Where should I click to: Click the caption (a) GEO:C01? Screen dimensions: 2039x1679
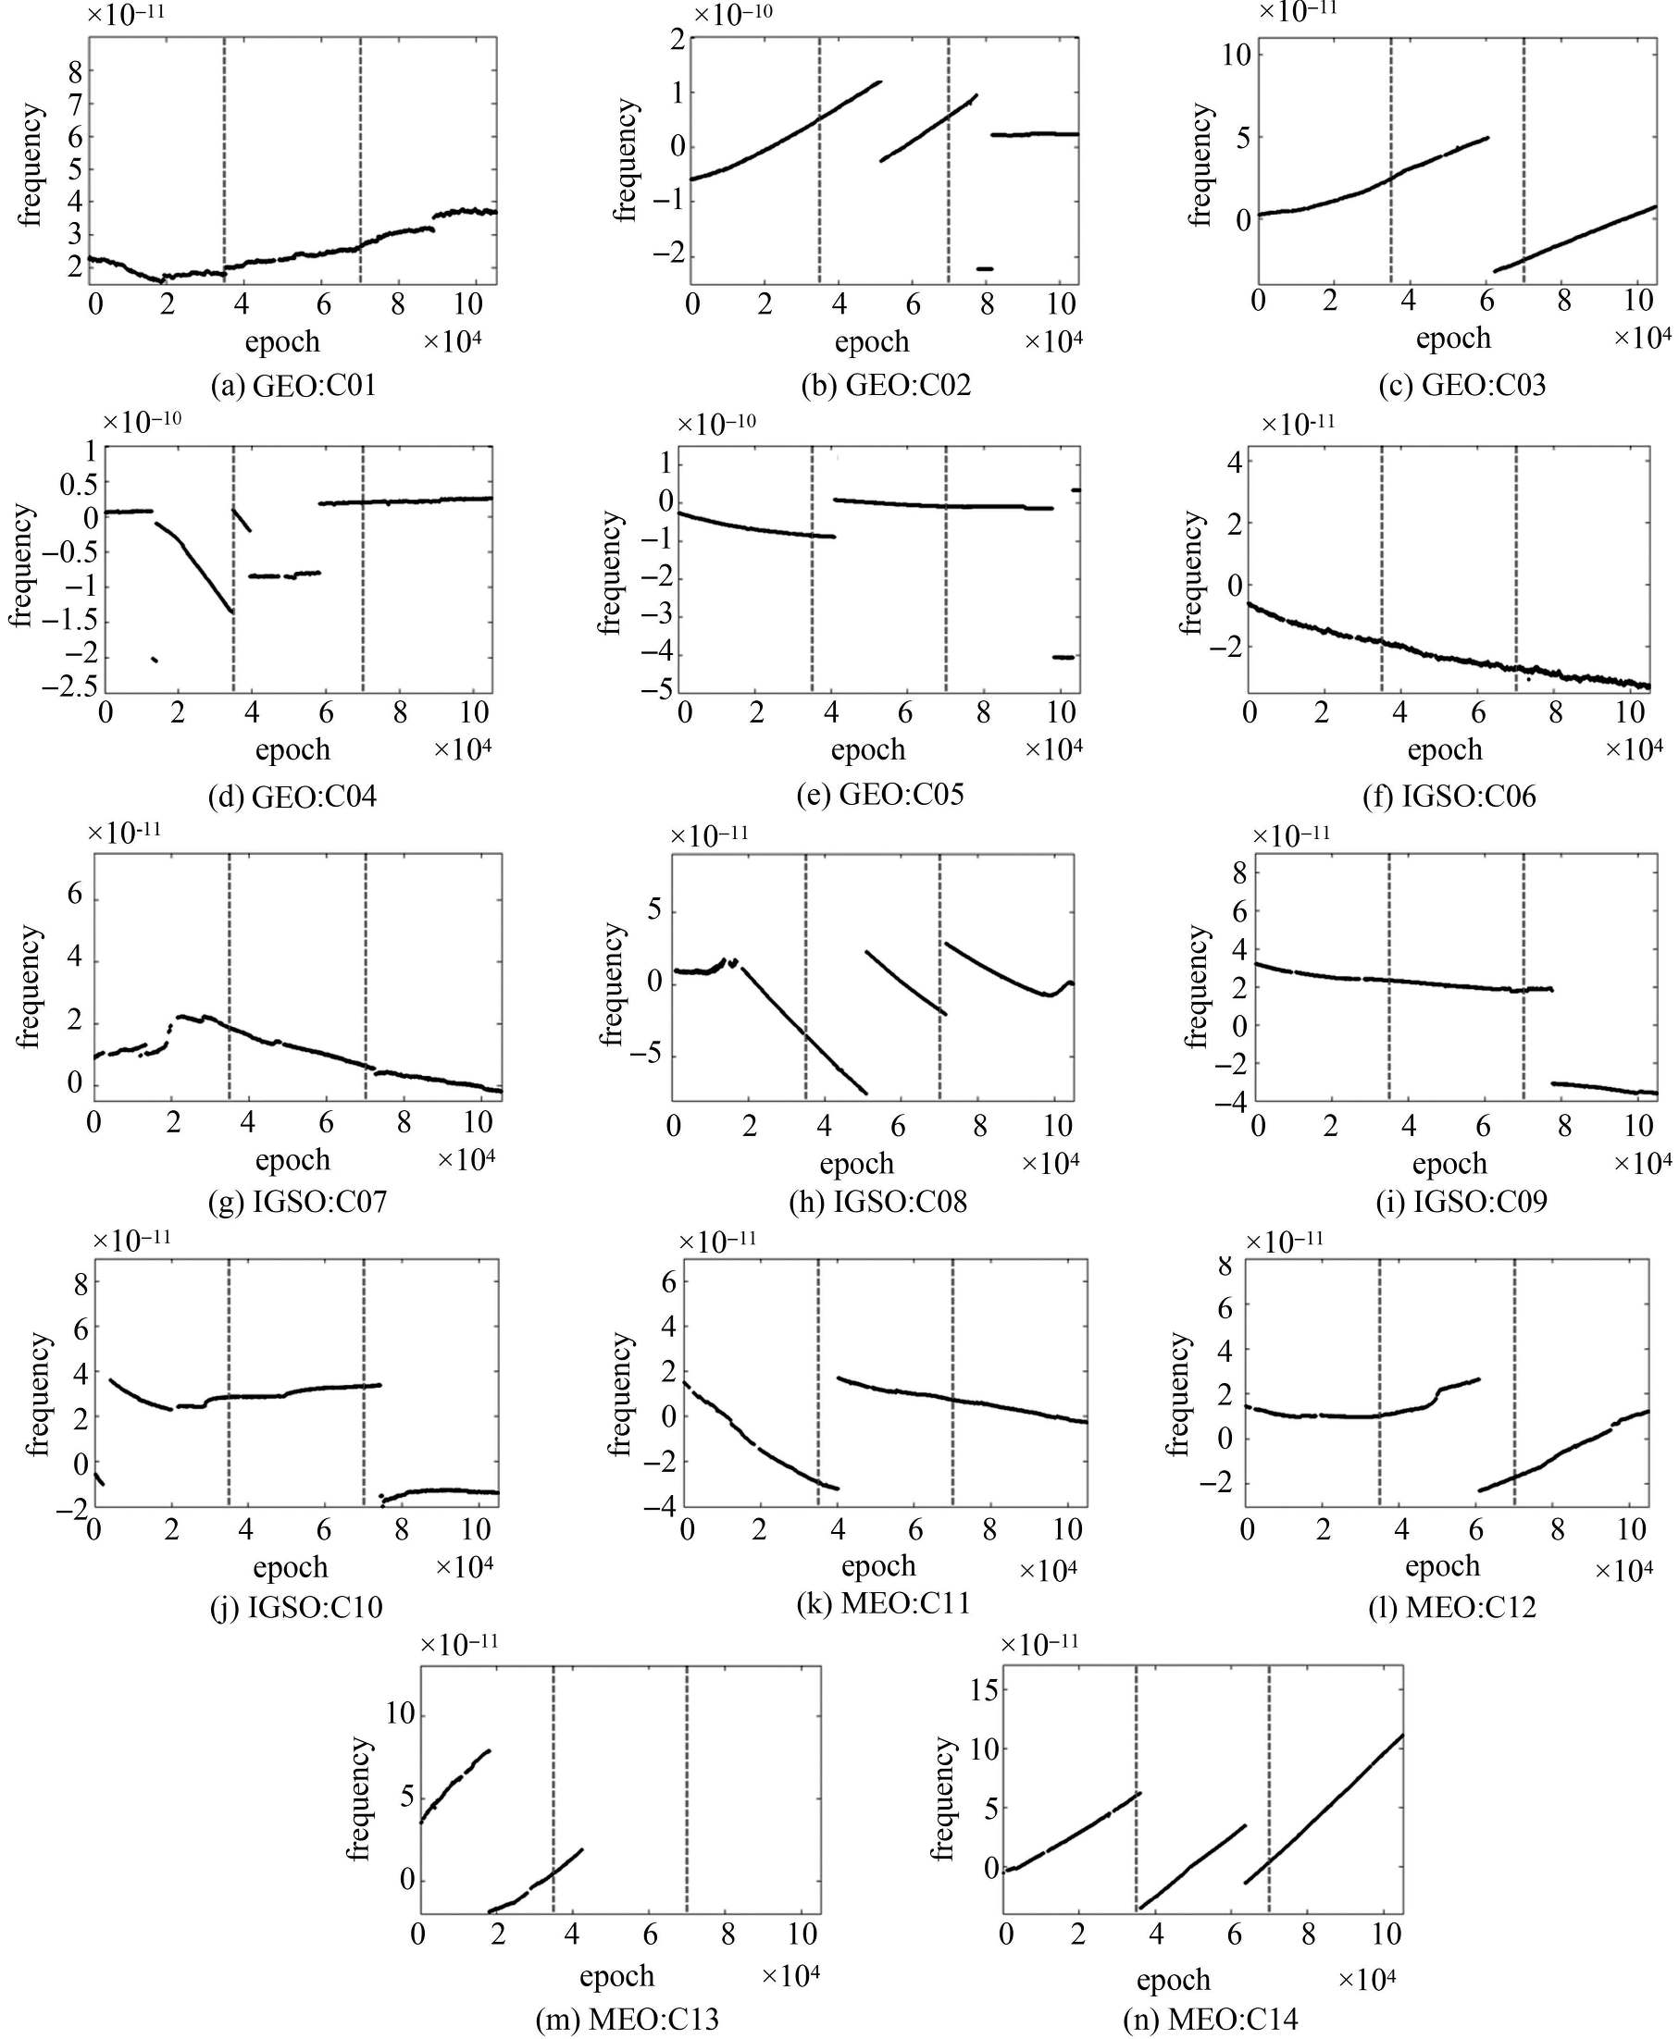[x=293, y=386]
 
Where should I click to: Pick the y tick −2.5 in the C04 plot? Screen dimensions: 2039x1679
[x=69, y=687]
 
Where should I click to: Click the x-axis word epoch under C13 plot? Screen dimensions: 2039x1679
[x=617, y=1975]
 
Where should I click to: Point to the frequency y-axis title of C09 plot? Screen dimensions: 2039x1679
[x=1198, y=986]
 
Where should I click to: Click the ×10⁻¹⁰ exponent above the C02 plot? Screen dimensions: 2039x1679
[x=732, y=15]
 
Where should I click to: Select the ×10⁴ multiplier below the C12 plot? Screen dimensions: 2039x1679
[x=1623, y=1571]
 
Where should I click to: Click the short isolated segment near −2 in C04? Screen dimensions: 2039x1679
[x=154, y=659]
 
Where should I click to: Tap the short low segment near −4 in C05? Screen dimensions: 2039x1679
[x=1063, y=657]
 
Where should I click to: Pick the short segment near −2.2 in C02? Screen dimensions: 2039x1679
[x=985, y=267]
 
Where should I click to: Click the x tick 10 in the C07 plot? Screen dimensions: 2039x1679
[x=477, y=1123]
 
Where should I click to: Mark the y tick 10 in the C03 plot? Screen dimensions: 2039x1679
[x=1235, y=55]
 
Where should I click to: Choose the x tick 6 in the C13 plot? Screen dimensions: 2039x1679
[x=649, y=1934]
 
